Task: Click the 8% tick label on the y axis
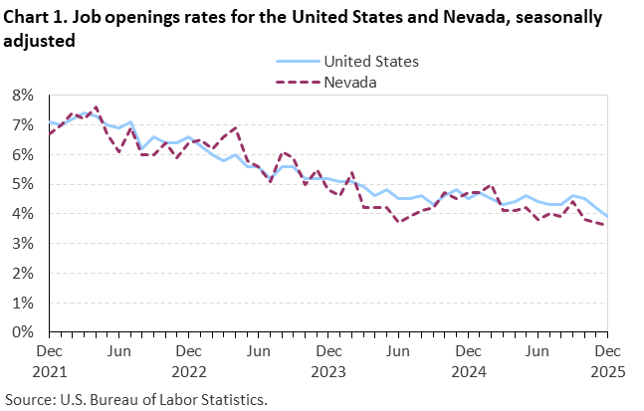23,96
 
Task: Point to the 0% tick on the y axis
23,332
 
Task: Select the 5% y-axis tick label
23,184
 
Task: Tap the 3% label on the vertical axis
23,244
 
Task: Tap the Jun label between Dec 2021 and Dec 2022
118,351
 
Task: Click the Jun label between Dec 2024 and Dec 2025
537,351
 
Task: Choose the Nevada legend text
350,82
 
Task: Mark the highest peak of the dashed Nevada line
96,106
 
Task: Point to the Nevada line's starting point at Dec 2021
50,133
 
